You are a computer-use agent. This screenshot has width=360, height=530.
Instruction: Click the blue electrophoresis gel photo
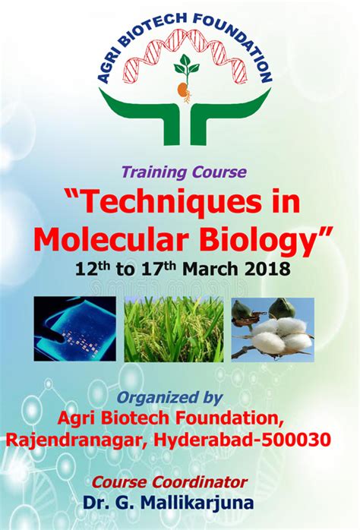(x=74, y=328)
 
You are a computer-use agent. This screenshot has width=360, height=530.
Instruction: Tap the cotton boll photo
(x=273, y=328)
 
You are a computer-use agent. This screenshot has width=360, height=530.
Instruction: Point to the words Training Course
(x=179, y=172)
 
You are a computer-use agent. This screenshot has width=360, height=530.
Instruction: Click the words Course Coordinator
(x=180, y=481)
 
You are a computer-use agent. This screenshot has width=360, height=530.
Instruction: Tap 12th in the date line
(x=93, y=270)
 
